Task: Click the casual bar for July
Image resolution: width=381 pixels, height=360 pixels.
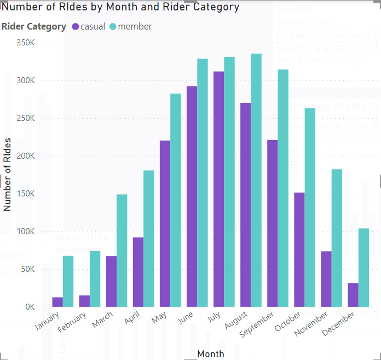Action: click(x=218, y=189)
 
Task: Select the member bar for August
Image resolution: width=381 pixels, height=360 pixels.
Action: click(x=256, y=181)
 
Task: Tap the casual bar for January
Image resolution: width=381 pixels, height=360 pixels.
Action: click(x=57, y=302)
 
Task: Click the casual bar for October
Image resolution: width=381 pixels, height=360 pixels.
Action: click(x=299, y=249)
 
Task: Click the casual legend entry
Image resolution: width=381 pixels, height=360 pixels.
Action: click(x=88, y=27)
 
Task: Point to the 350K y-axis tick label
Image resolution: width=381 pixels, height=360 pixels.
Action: click(x=26, y=43)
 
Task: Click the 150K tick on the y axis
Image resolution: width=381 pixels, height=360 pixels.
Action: click(x=26, y=194)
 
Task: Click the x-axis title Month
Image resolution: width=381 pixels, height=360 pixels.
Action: click(x=210, y=354)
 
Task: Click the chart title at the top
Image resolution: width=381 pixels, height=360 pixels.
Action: click(x=120, y=7)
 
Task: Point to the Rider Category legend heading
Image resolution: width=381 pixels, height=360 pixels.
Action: click(x=34, y=27)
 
